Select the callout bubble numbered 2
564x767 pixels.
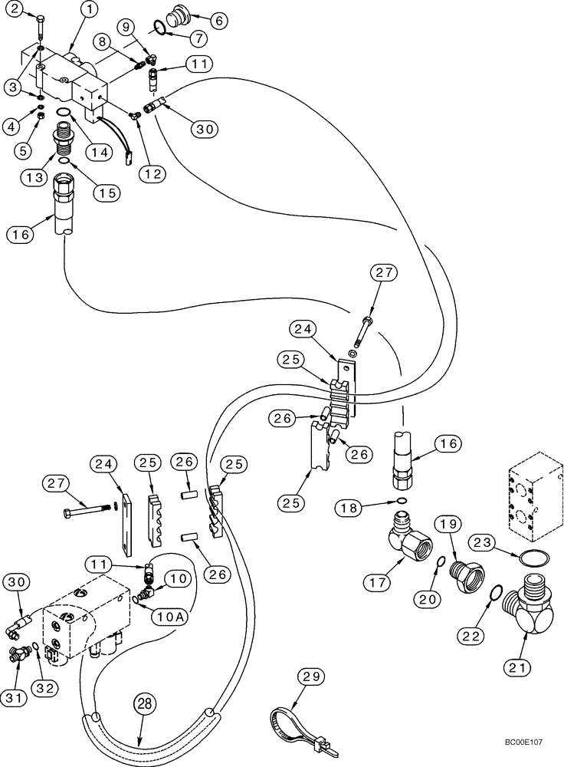pos(16,9)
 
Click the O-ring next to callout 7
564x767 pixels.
pos(158,28)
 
